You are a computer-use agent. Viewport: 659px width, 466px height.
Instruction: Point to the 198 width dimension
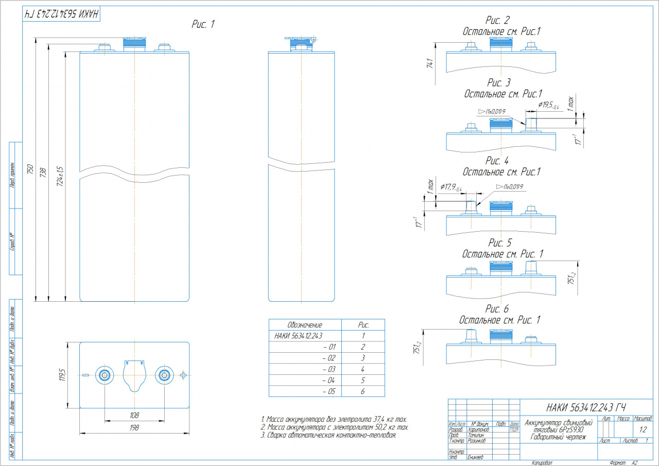click(134, 427)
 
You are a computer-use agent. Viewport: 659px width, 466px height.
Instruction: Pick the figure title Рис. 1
click(202, 25)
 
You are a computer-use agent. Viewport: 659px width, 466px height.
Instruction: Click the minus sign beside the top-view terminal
click(86, 375)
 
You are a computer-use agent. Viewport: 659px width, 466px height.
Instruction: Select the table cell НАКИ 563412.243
click(299, 336)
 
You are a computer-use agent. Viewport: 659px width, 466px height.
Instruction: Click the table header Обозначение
click(305, 325)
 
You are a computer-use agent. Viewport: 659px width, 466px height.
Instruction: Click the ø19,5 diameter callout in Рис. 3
click(549, 105)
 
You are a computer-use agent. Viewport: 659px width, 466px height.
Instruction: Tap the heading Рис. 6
click(497, 309)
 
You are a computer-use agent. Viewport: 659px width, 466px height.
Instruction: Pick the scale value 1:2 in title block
click(643, 429)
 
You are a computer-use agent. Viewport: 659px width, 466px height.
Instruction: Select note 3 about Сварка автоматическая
click(328, 436)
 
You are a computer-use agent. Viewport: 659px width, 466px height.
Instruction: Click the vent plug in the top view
click(134, 375)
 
